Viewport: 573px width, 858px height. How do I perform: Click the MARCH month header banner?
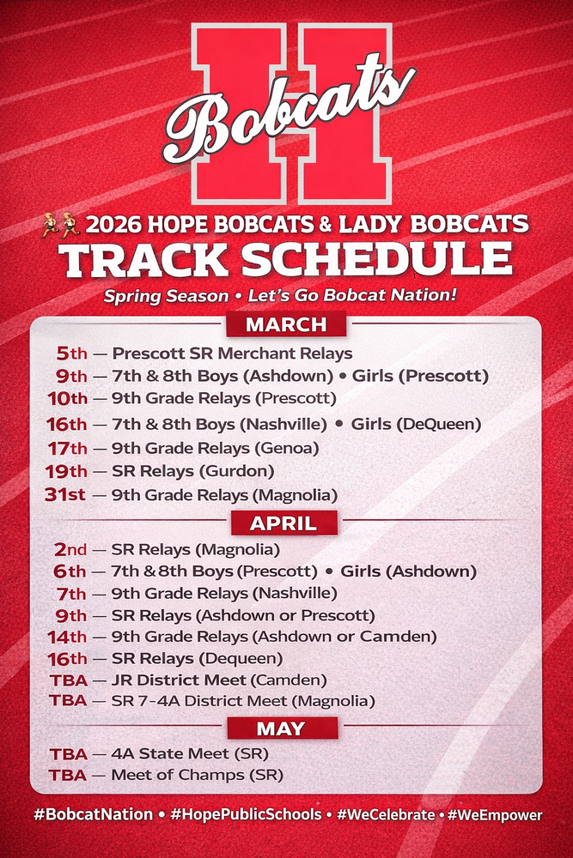pos(286,324)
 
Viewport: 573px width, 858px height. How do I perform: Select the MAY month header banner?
pos(280,728)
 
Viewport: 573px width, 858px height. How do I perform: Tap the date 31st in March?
pos(65,494)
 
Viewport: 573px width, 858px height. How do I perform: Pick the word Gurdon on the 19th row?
pos(247,471)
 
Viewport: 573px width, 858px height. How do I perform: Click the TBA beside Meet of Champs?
pos(68,775)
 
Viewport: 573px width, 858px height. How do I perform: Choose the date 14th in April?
pos(65,637)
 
